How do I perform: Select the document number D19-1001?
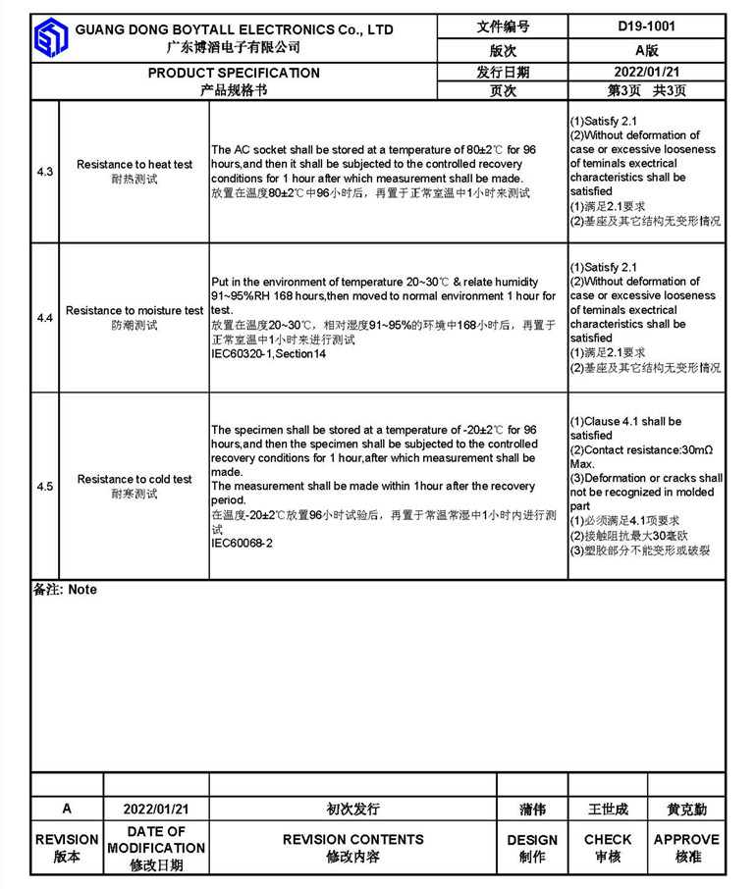646,27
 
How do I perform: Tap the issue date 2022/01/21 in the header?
646,72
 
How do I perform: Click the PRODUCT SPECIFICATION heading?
234,73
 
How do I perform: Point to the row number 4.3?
45,172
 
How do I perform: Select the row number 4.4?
45,318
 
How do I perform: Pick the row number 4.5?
45,487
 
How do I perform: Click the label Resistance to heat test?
135,165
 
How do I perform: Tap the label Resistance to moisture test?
135,311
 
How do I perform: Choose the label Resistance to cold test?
135,480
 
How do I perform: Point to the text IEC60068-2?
243,543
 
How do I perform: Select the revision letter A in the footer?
67,810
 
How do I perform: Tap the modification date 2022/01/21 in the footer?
156,810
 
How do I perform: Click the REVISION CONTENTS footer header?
353,839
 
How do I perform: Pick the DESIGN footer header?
532,840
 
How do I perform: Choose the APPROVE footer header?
686,839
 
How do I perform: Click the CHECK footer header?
608,839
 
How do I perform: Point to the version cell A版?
646,50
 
